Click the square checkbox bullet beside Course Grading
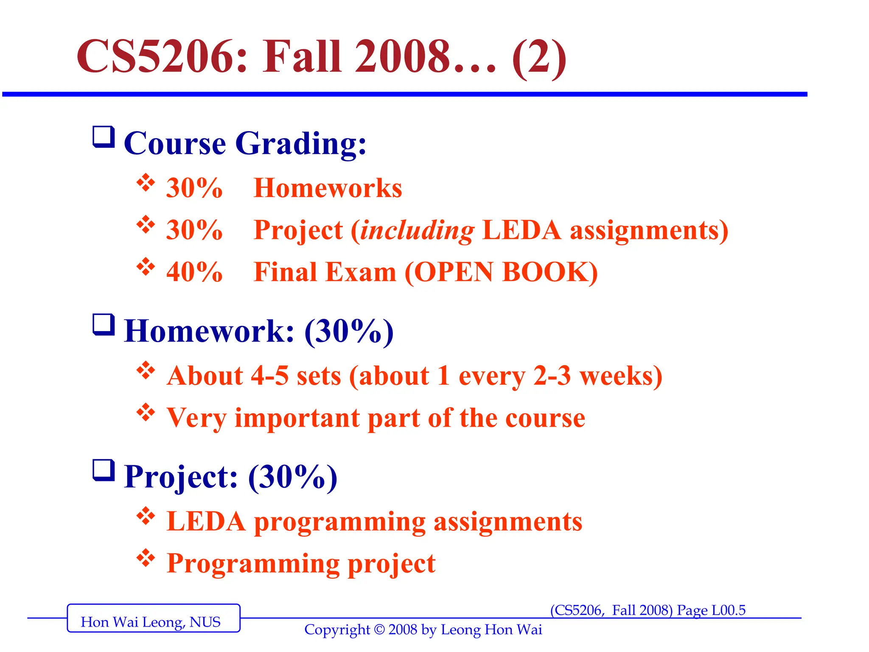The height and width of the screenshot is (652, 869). pyautogui.click(x=104, y=137)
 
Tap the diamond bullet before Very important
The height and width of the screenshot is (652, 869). pyautogui.click(x=146, y=412)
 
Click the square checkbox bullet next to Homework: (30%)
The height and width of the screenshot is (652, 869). pyautogui.click(x=104, y=325)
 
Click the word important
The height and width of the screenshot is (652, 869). pyautogui.click(x=297, y=418)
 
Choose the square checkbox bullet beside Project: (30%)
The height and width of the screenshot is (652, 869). pyautogui.click(x=104, y=470)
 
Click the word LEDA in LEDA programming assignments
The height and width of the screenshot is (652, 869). pyautogui.click(x=206, y=521)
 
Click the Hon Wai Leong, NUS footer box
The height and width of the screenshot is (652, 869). pyautogui.click(x=153, y=618)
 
